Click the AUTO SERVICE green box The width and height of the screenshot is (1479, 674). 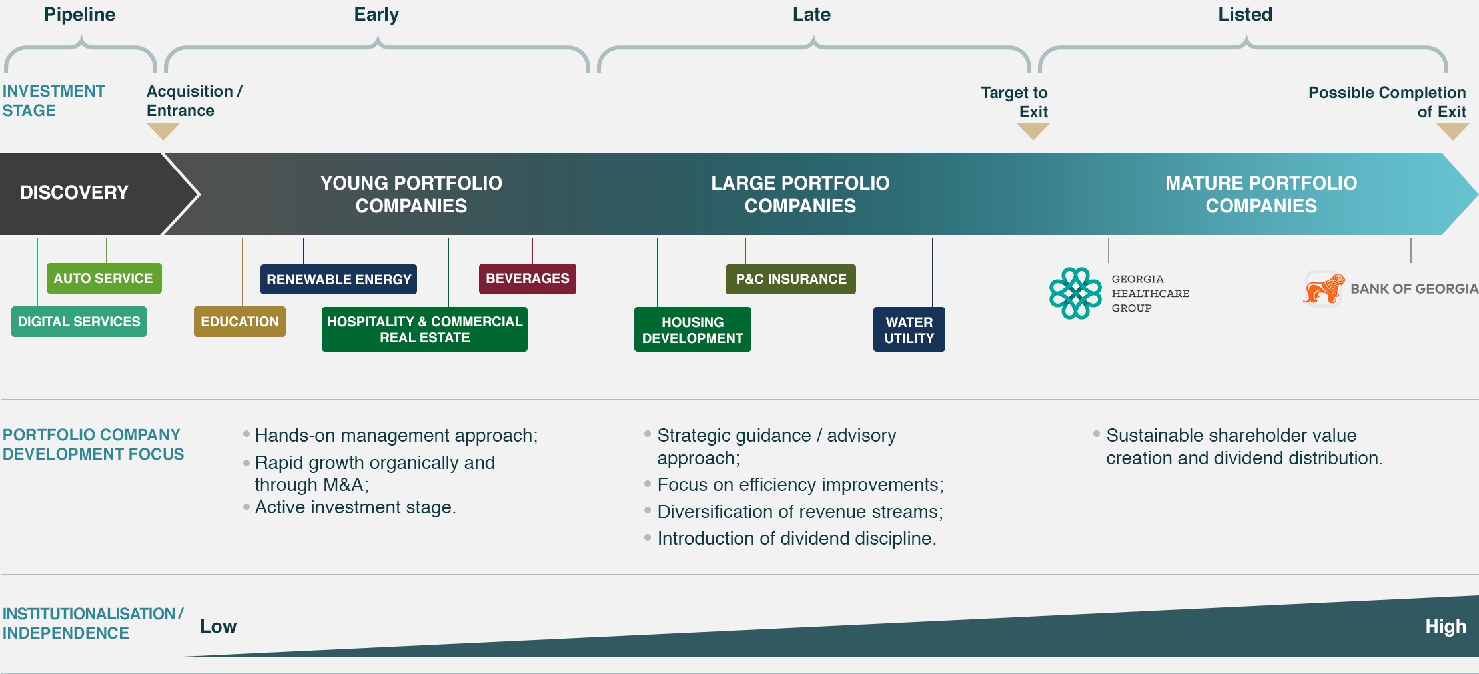pos(104,278)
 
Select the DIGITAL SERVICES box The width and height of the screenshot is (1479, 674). pos(79,322)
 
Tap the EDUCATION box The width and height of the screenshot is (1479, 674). pos(240,322)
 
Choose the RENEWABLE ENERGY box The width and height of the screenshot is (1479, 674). pos(338,280)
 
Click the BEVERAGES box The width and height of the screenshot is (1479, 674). pos(528,278)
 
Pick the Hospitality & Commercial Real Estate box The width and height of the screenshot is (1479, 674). pos(424,329)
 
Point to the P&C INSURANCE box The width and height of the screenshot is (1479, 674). pos(791,279)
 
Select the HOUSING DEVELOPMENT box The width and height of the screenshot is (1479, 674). pos(693,330)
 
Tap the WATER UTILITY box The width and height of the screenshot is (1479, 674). pos(909,330)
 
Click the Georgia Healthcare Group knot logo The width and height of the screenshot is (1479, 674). pos(1075,293)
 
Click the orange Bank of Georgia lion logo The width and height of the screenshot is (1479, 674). pos(1324,288)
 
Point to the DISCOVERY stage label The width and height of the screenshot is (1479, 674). pos(74,192)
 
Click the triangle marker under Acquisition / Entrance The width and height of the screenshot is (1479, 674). pos(163,131)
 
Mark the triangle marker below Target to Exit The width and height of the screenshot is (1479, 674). pos(1033,131)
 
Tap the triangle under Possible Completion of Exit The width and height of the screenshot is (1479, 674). pos(1452,131)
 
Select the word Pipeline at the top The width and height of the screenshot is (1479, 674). pos(79,15)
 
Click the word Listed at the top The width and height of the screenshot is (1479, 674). pos(1245,15)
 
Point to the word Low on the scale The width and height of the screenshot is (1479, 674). pos(219,627)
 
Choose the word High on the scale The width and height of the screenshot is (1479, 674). pos(1446,627)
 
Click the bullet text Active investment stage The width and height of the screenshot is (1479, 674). pos(355,507)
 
